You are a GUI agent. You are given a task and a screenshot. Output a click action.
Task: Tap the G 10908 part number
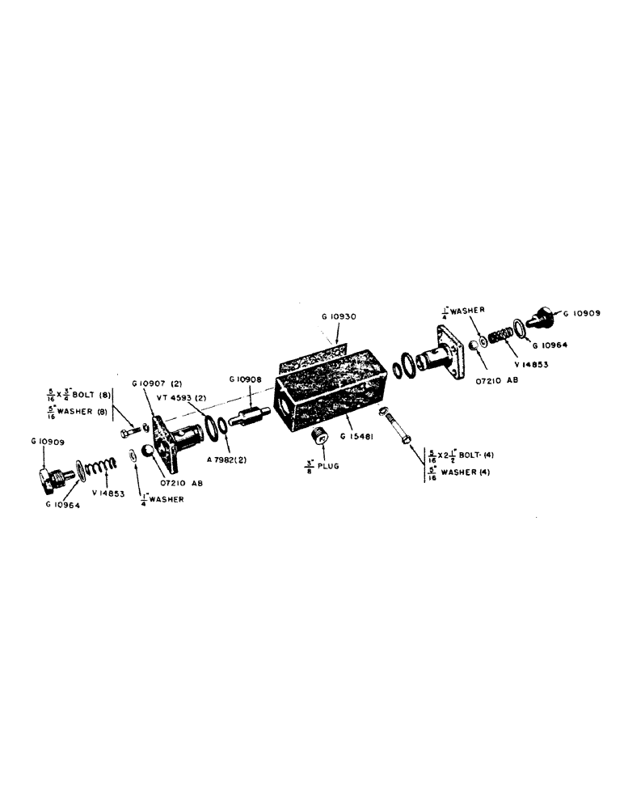[243, 379]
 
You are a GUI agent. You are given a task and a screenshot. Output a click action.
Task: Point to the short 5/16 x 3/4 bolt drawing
[133, 432]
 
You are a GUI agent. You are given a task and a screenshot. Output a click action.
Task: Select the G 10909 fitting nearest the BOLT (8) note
[52, 477]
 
